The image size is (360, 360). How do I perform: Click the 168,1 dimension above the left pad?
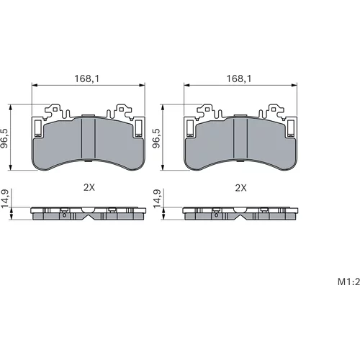tap(87, 78)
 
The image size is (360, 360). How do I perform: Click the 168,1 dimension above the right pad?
tap(239, 78)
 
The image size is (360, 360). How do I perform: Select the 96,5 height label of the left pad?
tap(4, 138)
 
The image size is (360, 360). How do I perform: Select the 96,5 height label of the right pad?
tap(156, 138)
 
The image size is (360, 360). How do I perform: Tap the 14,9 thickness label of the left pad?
tap(5, 199)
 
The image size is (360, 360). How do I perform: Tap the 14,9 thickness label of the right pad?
tap(157, 199)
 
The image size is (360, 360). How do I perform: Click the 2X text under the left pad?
tap(89, 187)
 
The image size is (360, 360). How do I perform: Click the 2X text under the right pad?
tap(240, 188)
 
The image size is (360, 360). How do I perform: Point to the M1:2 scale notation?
tap(348, 282)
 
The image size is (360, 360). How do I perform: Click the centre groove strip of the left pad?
tap(89, 138)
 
